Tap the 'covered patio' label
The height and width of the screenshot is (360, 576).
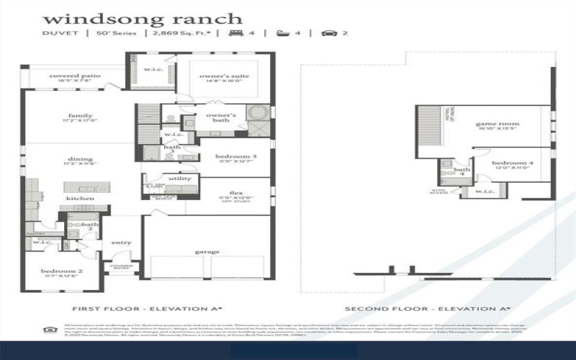pyautogui.click(x=75, y=76)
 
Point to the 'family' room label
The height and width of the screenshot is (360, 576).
pyautogui.click(x=80, y=116)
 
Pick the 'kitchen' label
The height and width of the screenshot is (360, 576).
pyautogui.click(x=80, y=198)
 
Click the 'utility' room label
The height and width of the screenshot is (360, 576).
pyautogui.click(x=179, y=178)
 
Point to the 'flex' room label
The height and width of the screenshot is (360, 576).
pyautogui.click(x=236, y=192)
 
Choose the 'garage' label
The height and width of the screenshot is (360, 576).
pyautogui.click(x=207, y=252)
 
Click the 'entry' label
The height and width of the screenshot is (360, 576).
pyautogui.click(x=121, y=243)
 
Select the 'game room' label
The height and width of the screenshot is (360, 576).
pyautogui.click(x=498, y=124)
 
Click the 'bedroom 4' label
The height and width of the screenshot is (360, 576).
pyautogui.click(x=513, y=163)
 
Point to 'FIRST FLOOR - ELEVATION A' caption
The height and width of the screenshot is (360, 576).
pyautogui.click(x=143, y=309)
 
